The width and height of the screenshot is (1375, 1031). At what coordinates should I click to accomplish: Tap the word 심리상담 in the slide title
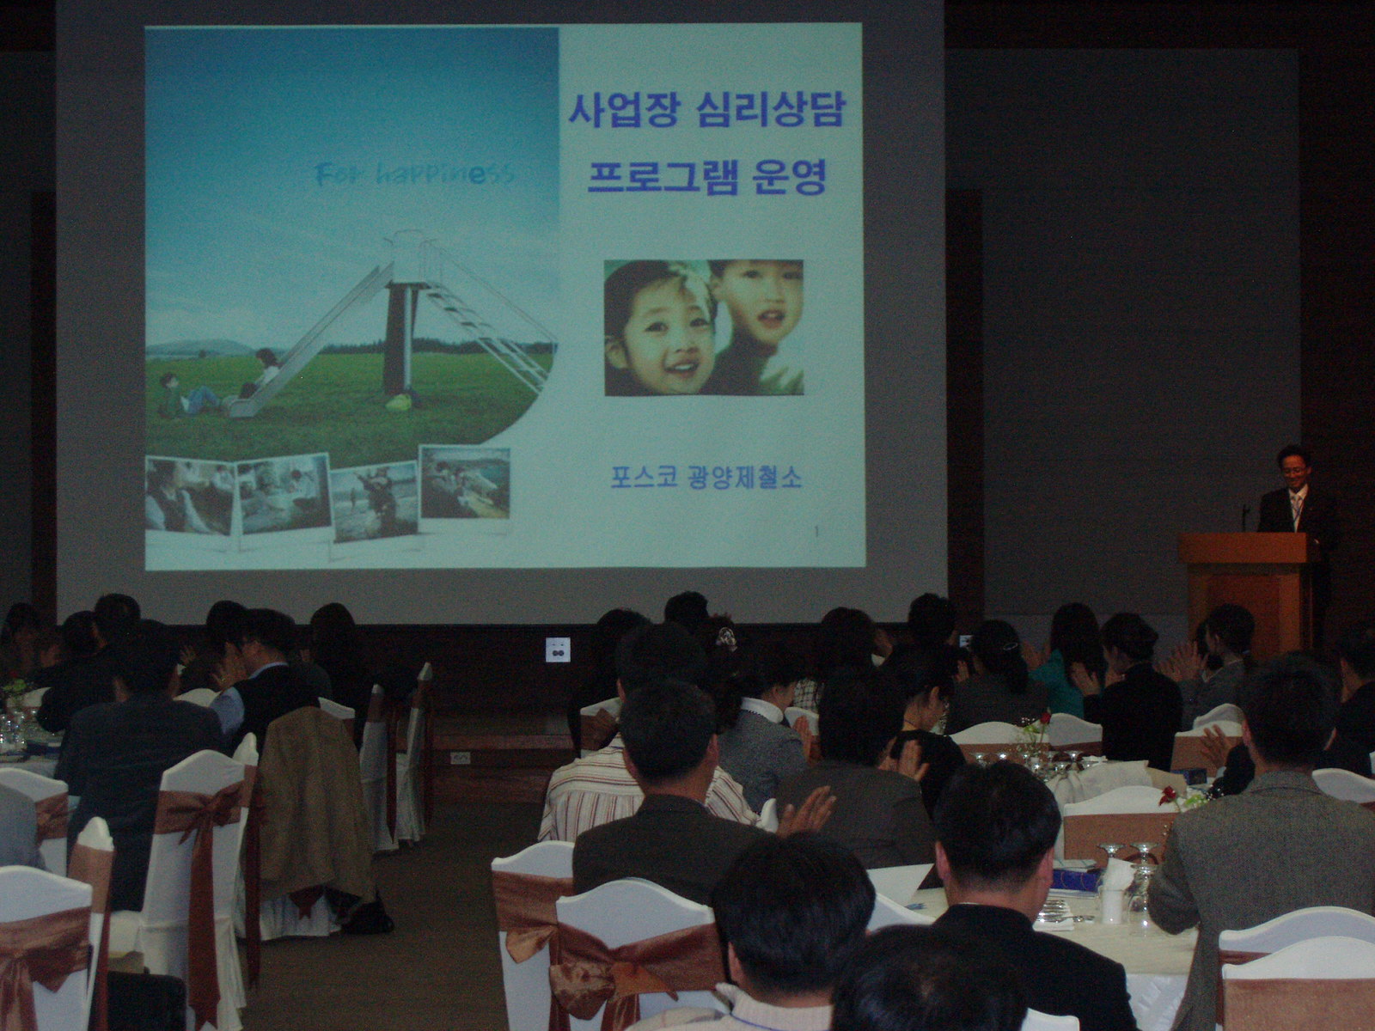(772, 110)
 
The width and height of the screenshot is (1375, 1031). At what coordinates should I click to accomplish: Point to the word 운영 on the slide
(791, 177)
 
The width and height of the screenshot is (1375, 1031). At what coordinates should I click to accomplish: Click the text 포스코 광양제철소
(706, 479)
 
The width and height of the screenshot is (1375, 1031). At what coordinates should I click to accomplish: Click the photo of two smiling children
(704, 327)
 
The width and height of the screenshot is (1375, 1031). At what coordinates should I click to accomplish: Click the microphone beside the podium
(1245, 518)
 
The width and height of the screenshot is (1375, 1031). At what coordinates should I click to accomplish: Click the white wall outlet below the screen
(558, 650)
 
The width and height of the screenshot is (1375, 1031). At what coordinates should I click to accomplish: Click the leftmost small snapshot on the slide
(189, 496)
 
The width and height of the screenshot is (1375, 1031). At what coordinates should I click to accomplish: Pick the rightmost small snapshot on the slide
(465, 482)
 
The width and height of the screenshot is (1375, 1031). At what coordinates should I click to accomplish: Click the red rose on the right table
(1168, 795)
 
